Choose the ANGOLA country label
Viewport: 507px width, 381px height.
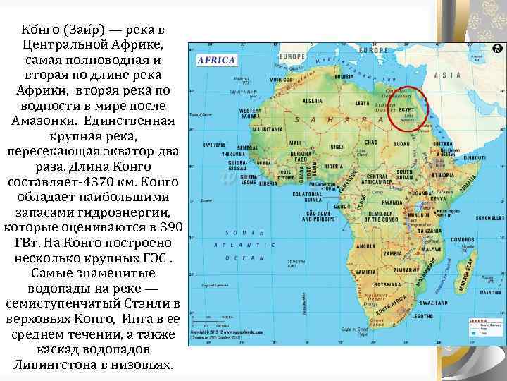366,246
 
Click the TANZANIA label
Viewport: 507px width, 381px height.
430,231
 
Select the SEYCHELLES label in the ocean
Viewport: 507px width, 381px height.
487,217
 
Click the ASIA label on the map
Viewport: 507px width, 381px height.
447,75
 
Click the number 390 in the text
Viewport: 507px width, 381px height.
169,228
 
